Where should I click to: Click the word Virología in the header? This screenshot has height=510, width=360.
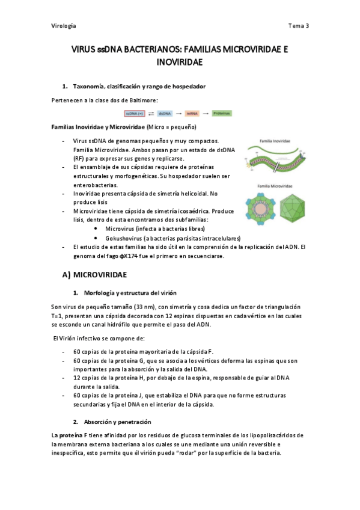click(64, 26)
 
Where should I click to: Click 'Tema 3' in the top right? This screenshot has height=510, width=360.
click(298, 26)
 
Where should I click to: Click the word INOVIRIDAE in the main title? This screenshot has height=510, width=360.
click(180, 62)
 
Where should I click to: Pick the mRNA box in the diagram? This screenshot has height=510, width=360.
click(192, 113)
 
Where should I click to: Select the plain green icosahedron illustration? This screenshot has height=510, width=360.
click(291, 210)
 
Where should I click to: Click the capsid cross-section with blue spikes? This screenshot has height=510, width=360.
click(260, 210)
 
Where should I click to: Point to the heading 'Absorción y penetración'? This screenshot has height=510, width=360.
click(118, 422)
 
